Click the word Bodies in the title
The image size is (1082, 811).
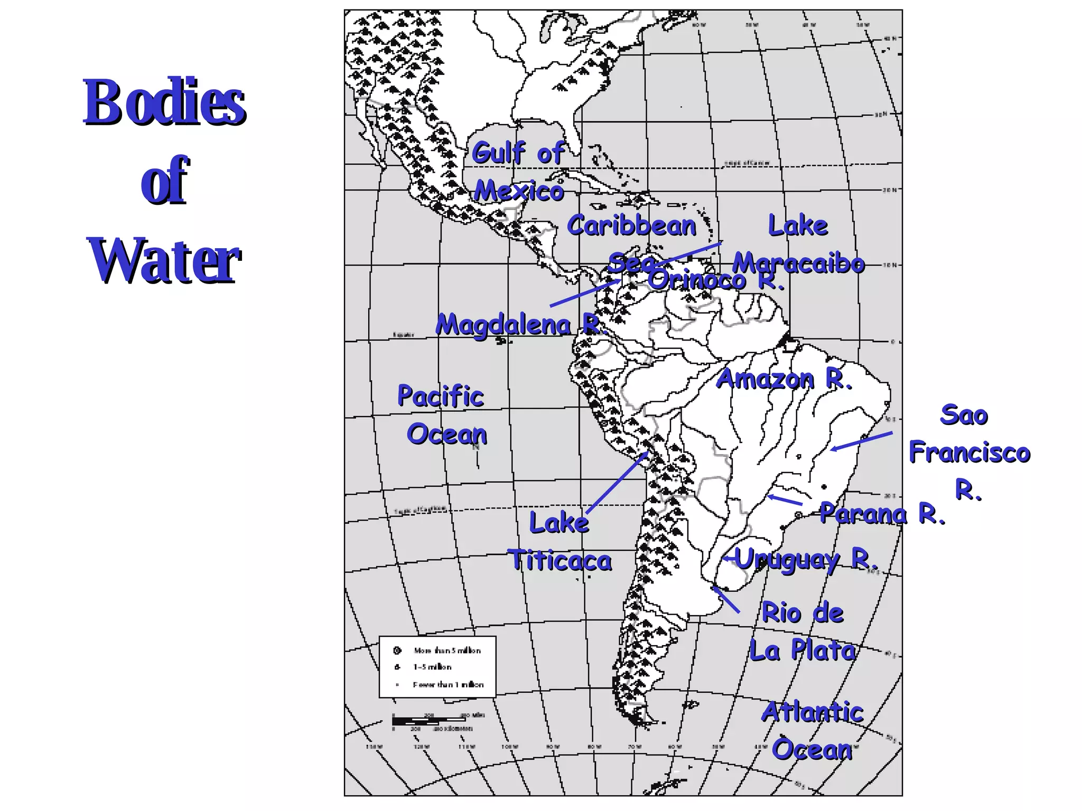coord(164,102)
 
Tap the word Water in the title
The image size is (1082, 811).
coord(164,260)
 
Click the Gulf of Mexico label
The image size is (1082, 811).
coord(519,172)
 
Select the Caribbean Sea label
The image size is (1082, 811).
coord(632,243)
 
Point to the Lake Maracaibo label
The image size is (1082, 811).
coord(798,244)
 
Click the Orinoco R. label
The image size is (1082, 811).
coord(716,280)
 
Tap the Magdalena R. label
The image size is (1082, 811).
coord(518,324)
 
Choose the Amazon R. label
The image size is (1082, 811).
coord(784,379)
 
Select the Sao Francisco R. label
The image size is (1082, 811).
coord(969,452)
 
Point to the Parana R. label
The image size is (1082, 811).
coord(882,513)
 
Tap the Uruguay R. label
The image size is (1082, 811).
coord(806,559)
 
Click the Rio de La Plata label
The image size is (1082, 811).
coord(802,631)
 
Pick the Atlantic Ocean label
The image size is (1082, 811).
coord(813,731)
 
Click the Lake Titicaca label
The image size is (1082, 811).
coord(560,542)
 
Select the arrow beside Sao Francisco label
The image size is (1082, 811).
coord(861,441)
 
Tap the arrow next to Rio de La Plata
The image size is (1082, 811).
coord(725,599)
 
